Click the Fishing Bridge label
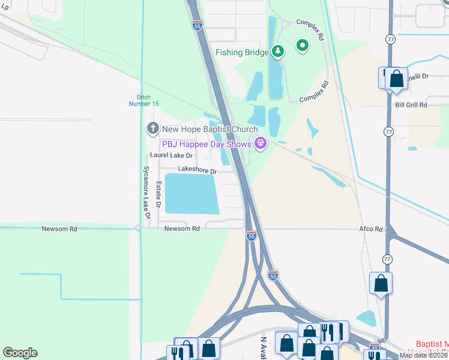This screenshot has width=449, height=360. point(242,52)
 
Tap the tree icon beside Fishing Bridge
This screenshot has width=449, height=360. point(277,52)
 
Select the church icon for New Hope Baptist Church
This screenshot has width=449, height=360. point(152,128)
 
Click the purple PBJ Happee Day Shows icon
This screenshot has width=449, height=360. point(260,143)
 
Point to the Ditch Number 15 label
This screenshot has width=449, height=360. point(143,100)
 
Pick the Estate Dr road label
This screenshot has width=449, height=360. point(159,195)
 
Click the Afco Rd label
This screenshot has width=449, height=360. point(370,229)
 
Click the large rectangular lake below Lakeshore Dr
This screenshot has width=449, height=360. point(191,194)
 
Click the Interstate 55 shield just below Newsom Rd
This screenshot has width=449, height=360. point(252,236)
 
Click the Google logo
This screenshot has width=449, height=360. point(20,353)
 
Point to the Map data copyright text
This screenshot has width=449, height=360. point(423,355)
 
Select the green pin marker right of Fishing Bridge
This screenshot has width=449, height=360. point(303,44)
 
